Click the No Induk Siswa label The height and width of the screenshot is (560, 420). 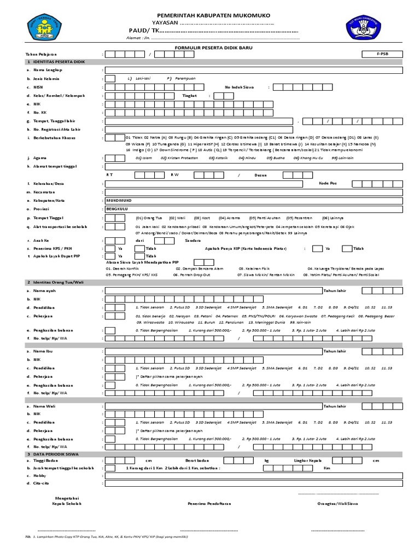(x=240, y=87)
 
